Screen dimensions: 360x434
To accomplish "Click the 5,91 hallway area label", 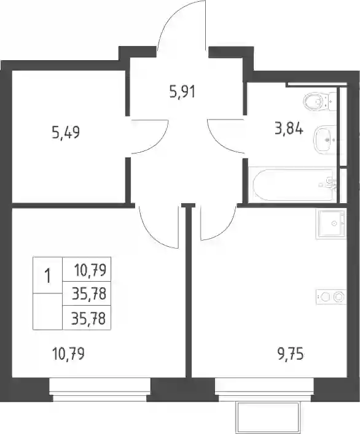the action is tap(182, 92).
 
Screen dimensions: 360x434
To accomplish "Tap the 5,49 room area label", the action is tap(66, 132).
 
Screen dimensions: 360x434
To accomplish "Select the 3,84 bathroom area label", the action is tap(289, 129).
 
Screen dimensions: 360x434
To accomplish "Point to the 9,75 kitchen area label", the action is tap(290, 355).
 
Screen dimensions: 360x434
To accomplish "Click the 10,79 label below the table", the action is tap(68, 354).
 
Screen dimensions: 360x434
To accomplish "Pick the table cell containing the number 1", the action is tap(48, 276).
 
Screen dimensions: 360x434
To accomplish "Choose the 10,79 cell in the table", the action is tap(87, 269).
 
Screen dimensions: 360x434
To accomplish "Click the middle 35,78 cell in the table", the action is tap(87, 293).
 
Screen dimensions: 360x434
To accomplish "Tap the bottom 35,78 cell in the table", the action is tap(87, 318).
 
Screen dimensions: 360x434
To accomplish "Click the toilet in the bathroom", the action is tap(320, 101).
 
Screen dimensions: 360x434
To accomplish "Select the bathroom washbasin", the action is tap(325, 140).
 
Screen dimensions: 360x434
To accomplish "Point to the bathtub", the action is tap(294, 184).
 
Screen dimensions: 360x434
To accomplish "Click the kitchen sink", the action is tap(331, 223).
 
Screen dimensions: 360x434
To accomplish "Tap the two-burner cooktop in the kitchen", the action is tap(331, 297).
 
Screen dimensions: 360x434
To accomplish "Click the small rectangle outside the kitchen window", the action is tap(268, 418).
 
